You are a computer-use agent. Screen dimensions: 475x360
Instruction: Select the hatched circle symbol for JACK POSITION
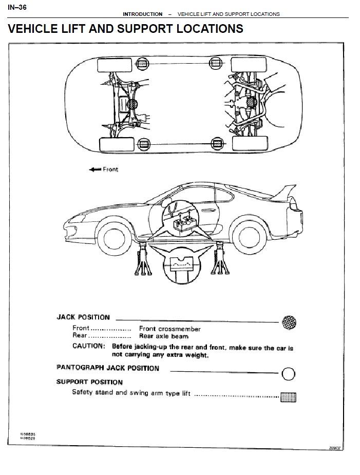289,322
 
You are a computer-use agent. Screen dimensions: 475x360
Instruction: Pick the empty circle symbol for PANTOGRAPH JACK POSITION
289,374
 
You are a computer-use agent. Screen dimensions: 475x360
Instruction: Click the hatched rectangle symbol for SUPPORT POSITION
288,396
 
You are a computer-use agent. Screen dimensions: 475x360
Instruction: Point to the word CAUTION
88,346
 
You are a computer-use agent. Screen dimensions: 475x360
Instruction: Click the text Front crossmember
169,329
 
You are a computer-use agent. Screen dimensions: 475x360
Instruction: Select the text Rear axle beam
163,336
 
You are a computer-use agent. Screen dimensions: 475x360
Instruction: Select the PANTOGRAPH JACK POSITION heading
107,368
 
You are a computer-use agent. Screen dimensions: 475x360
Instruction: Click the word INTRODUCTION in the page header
142,14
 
